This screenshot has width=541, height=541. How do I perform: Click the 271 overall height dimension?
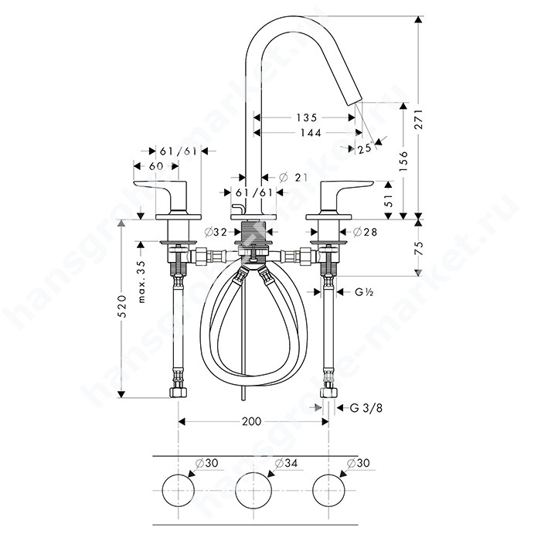click(418, 119)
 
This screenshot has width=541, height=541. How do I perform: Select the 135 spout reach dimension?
click(307, 117)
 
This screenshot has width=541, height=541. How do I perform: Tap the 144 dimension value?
click(311, 132)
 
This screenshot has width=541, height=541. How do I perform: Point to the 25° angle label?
click(365, 148)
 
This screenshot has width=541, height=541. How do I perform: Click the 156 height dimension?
click(403, 161)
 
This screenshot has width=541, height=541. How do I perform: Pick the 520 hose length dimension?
click(121, 306)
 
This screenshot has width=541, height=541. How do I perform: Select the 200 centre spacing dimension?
click(251, 421)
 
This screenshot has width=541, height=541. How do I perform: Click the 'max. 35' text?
click(141, 281)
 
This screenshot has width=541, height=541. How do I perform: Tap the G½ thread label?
click(364, 292)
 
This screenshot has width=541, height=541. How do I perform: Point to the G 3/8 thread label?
click(366, 408)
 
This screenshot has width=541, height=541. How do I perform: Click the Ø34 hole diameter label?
click(286, 463)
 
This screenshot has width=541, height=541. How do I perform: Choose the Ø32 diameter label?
click(216, 232)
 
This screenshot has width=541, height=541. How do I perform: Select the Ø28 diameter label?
click(365, 232)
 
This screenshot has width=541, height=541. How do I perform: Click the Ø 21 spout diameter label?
click(293, 178)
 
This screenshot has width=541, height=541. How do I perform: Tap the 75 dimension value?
click(418, 248)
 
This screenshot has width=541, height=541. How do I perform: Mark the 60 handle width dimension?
click(156, 166)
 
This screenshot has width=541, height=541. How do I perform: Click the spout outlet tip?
click(355, 102)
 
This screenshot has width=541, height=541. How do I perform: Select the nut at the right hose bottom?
click(328, 393)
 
